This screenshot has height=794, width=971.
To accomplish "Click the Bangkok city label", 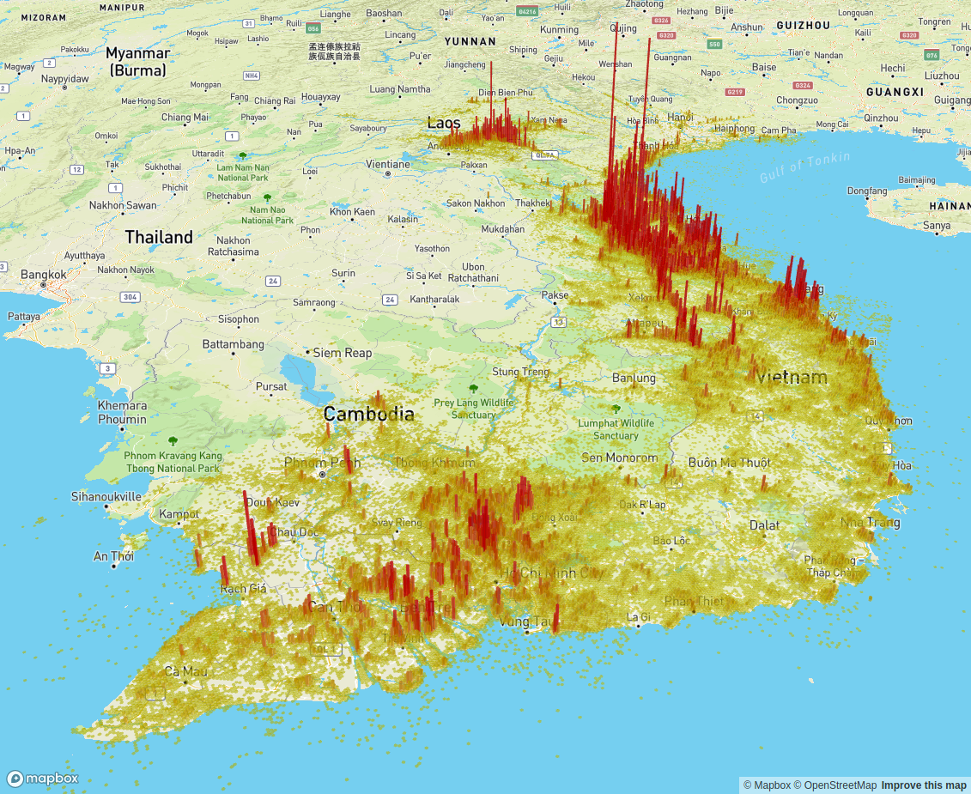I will click(44, 275).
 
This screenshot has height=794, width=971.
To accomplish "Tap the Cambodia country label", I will click(368, 414).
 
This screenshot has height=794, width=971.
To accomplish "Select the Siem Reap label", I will click(343, 353).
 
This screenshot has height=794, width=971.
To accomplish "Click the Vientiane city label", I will click(388, 164).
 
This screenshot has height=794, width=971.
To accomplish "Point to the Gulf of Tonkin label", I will click(804, 167).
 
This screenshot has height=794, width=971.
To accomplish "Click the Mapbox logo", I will click(43, 779).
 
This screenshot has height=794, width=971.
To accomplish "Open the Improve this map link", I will click(924, 785).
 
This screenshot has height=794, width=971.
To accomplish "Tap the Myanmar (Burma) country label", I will click(137, 62).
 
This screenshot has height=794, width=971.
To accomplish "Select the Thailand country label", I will click(159, 237).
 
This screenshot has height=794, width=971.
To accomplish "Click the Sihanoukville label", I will click(106, 496).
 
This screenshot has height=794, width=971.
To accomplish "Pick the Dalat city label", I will click(764, 525).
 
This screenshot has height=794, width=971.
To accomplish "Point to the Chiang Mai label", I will click(185, 117).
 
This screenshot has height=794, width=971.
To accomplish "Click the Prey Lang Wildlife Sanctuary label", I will click(473, 409).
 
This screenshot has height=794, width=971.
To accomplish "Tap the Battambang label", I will click(233, 344).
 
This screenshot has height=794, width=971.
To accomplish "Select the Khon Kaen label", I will click(352, 211).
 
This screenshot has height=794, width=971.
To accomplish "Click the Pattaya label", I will click(23, 317).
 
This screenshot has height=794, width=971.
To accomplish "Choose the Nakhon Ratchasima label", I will click(234, 246).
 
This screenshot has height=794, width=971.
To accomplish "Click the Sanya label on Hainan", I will click(936, 226).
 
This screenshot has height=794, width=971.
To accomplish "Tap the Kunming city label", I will click(559, 29).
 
